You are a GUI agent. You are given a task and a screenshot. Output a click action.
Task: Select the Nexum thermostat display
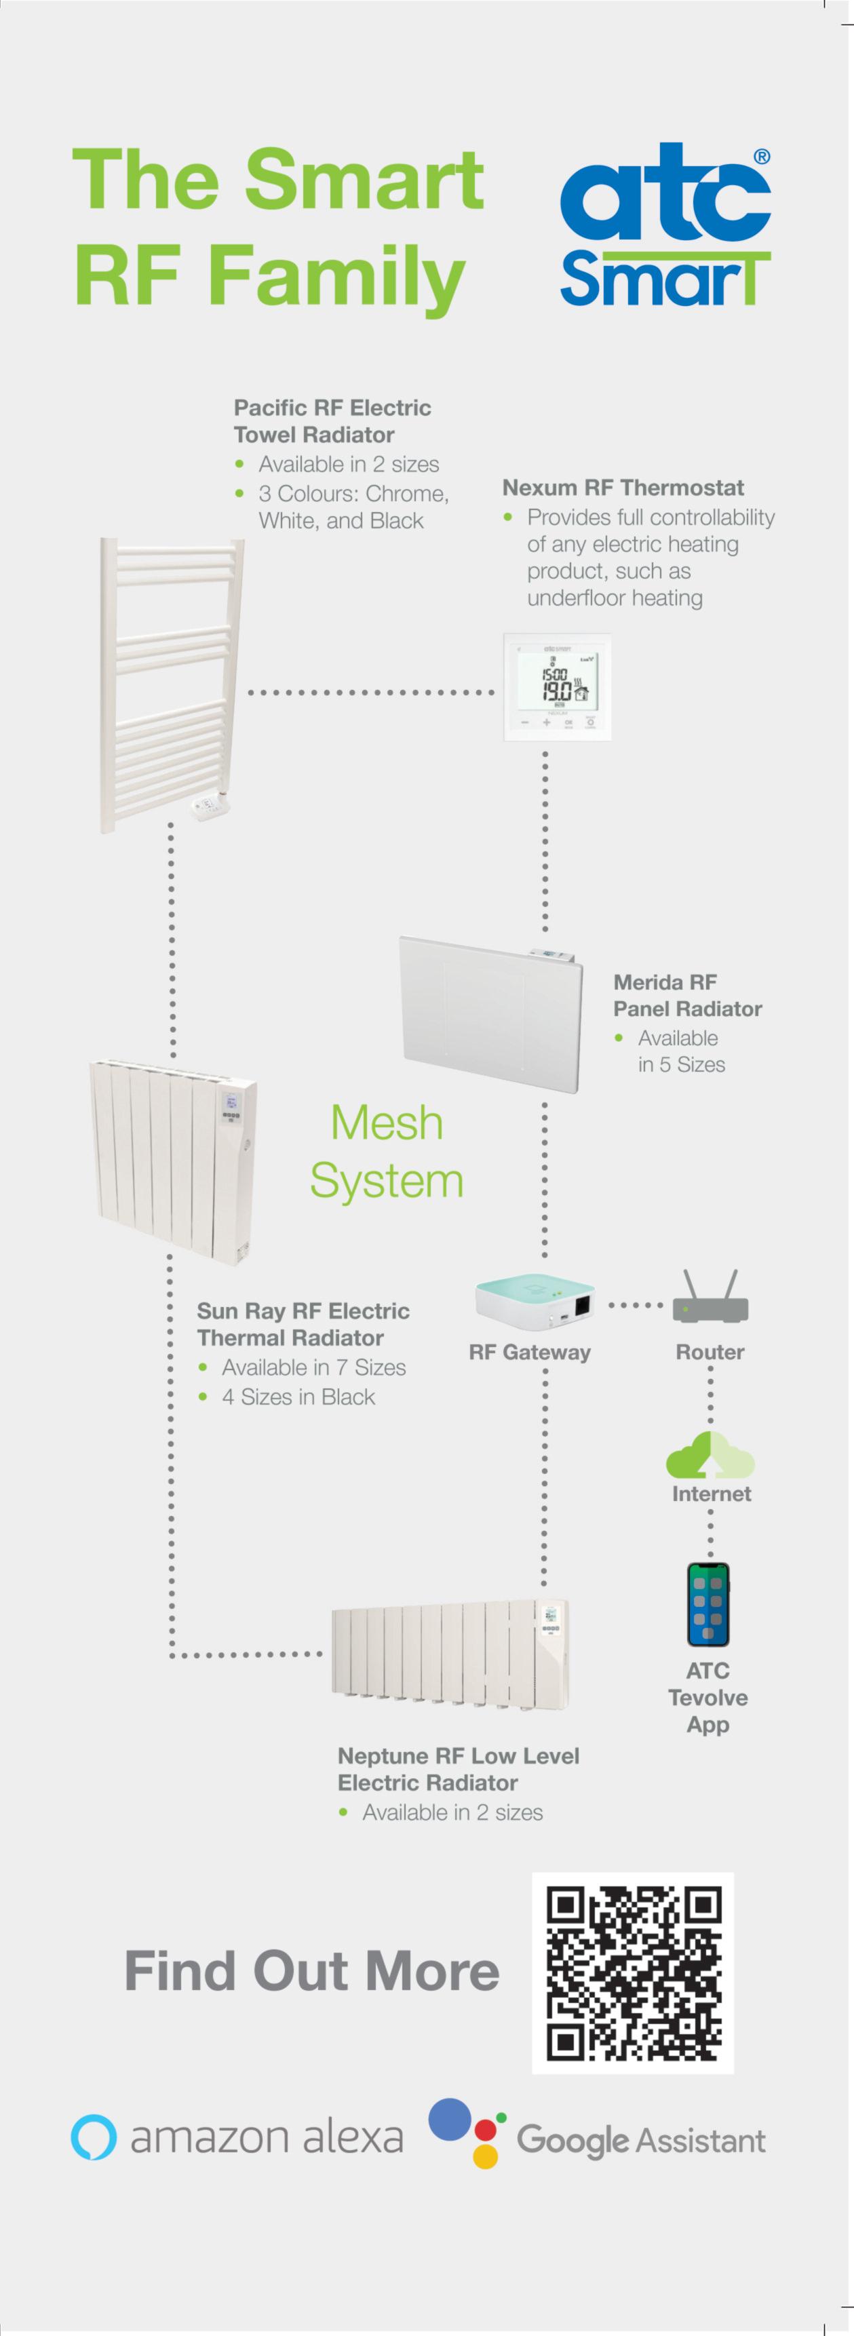[x=557, y=686]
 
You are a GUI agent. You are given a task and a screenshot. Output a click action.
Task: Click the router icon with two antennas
[x=710, y=1299]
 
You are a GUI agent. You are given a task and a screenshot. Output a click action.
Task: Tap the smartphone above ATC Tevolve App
[x=708, y=1604]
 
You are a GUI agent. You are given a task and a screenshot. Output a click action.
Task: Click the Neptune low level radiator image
[x=450, y=1655]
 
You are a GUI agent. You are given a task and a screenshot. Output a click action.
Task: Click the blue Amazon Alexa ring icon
[x=94, y=2137]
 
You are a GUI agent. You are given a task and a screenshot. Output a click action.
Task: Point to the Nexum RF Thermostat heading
[x=623, y=488]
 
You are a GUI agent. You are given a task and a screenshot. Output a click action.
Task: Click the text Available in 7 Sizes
[x=313, y=1367]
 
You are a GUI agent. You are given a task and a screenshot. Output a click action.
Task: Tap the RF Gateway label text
[x=530, y=1352]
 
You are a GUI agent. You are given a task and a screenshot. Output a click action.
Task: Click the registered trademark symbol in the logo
[x=762, y=156]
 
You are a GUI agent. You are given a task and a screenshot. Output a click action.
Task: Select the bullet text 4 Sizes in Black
[x=298, y=1397]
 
